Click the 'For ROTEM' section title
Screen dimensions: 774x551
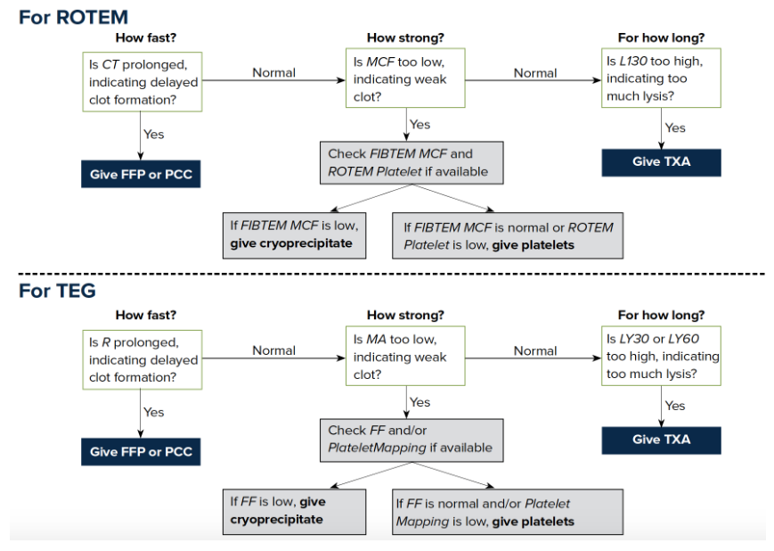click(x=73, y=17)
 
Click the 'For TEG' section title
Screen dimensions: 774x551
click(x=57, y=291)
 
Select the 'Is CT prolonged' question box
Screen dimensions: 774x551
click(x=143, y=82)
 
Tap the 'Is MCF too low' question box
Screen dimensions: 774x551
click(x=405, y=78)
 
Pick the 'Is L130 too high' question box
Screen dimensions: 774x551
click(x=661, y=78)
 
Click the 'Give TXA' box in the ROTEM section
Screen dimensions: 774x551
click(x=661, y=162)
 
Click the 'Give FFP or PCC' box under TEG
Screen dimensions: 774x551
click(x=141, y=452)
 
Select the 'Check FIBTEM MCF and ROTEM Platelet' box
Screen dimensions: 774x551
click(x=411, y=163)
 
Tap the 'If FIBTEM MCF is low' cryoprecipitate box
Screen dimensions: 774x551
click(x=294, y=235)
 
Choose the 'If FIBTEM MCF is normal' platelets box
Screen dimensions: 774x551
click(x=508, y=235)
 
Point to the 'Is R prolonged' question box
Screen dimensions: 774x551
click(x=143, y=360)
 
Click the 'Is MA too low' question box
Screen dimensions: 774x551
click(x=405, y=356)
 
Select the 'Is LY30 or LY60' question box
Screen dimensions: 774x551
click(x=661, y=356)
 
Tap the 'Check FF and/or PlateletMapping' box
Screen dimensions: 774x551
click(x=411, y=440)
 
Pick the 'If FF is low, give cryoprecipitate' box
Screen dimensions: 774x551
click(x=294, y=512)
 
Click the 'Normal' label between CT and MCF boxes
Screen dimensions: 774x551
click(x=274, y=72)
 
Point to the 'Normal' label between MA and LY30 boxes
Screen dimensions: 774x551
click(x=535, y=350)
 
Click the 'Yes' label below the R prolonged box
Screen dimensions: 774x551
click(x=153, y=412)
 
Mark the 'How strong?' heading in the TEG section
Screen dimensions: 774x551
click(x=405, y=316)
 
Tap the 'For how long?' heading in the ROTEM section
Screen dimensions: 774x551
click(x=661, y=38)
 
